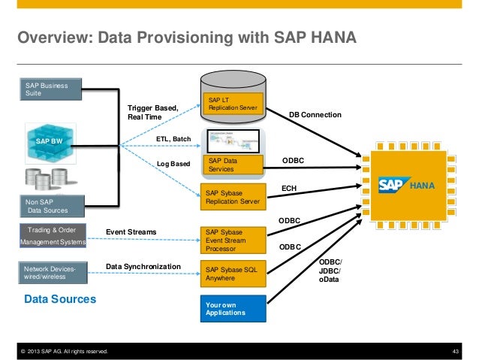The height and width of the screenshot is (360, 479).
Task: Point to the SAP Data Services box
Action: [x=233, y=165]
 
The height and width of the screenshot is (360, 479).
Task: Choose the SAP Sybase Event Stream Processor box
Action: [x=233, y=240]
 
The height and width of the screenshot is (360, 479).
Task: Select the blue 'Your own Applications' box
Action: [x=233, y=308]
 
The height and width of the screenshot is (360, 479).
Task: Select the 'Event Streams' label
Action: [x=131, y=233]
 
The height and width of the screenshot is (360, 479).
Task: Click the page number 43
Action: [x=453, y=351]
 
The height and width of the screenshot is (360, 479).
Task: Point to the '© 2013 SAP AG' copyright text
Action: [x=63, y=351]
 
